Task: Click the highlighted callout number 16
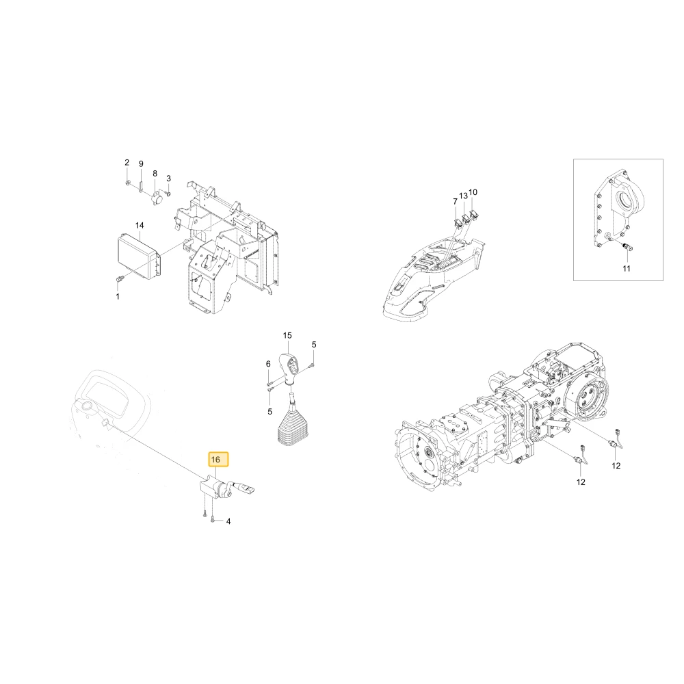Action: point(215,460)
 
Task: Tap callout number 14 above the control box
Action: point(140,226)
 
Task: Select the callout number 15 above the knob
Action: point(287,335)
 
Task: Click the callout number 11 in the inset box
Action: point(627,269)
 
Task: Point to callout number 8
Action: point(155,174)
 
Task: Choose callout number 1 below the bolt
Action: point(118,297)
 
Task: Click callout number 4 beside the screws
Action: point(228,521)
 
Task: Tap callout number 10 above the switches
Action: point(473,192)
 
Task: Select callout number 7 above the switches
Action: point(455,202)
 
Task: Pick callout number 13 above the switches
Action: point(463,196)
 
